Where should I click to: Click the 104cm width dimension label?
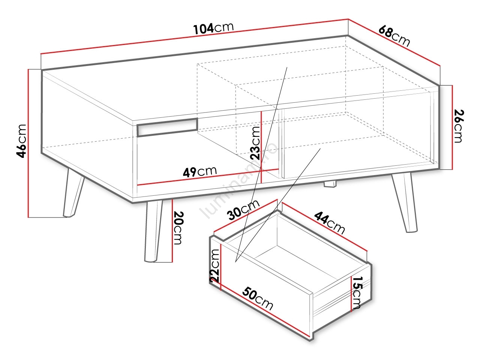[214, 28]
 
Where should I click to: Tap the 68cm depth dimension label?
[394, 36]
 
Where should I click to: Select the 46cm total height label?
[22, 141]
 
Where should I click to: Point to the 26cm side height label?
[459, 126]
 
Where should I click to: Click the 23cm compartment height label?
[255, 143]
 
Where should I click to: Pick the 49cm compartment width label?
[199, 172]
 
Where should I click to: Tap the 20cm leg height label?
[178, 228]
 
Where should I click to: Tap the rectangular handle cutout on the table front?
[167, 127]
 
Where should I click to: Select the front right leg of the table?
[405, 202]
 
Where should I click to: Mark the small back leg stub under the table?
[330, 184]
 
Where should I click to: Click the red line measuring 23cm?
[261, 147]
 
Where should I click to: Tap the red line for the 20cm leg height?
[172, 230]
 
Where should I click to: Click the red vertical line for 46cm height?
[28, 143]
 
